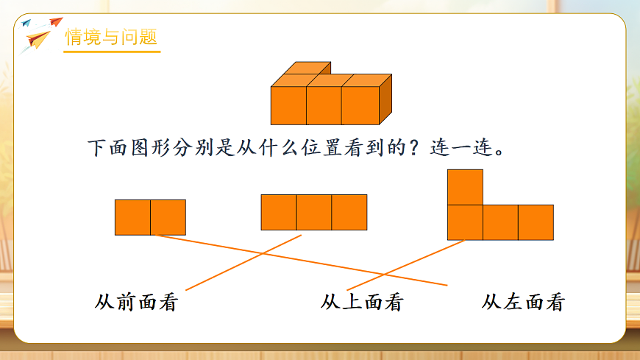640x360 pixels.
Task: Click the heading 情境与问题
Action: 112,38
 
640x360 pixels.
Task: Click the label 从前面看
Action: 137,302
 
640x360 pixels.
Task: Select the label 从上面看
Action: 362,302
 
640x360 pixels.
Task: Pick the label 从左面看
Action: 523,302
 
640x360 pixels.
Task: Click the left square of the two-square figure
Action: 132,217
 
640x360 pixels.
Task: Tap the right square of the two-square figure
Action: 168,217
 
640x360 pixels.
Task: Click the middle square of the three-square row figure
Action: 314,212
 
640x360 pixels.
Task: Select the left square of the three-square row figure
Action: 279,212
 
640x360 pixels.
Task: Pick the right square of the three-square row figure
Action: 349,212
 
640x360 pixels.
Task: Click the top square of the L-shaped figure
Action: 465,187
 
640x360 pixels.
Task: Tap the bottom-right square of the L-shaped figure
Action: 536,222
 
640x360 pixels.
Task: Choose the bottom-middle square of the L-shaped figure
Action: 500,222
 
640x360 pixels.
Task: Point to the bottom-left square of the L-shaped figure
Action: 465,222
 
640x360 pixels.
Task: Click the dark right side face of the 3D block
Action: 385,99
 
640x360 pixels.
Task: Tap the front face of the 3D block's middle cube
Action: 324,106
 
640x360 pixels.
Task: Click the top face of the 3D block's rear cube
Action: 307,68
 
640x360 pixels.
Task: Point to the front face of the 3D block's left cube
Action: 288,106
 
